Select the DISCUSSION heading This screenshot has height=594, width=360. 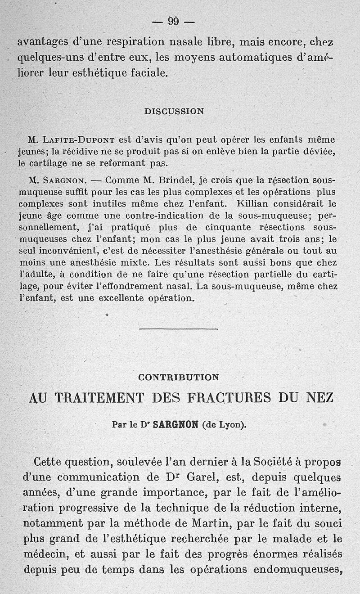pos(174,111)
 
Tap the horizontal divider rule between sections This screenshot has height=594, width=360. pos(179,329)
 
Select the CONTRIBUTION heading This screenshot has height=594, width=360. pos(179,377)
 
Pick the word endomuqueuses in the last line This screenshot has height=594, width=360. pos(297,569)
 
